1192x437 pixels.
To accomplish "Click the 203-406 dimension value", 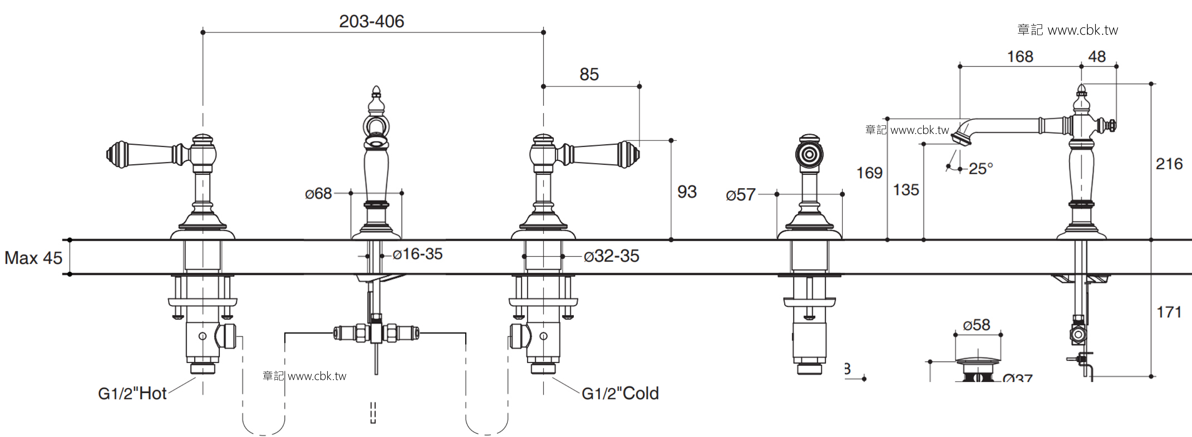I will pos(372,21).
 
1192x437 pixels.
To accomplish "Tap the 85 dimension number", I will pos(589,74).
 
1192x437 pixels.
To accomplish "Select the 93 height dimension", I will pos(687,192).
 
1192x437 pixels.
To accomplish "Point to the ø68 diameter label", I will pos(318,194).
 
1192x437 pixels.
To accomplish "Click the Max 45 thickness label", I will pos(33,258).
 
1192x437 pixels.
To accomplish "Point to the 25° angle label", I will pos(980,168).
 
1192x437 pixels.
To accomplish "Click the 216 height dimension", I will pos(1169,164).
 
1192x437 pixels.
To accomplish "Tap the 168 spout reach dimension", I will pos(1020,56).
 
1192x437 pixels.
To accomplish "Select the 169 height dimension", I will pos(870,173).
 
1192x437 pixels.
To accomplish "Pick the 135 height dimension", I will pos(906,190).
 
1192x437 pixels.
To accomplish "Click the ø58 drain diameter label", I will pos(976,325).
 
